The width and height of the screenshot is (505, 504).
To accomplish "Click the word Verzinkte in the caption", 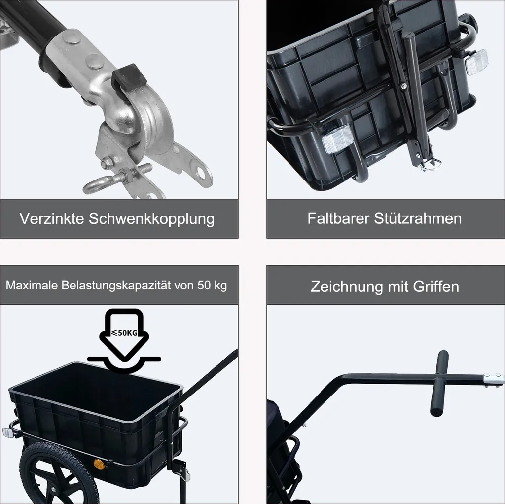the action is pyautogui.click(x=51, y=218).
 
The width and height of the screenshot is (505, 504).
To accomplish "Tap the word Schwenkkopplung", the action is pyautogui.click(x=151, y=219).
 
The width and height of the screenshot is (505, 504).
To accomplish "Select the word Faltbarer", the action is pyautogui.click(x=338, y=218).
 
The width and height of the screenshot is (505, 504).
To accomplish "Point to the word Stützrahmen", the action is pyautogui.click(x=418, y=218).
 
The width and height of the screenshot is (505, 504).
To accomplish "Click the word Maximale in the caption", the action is pyautogui.click(x=32, y=286).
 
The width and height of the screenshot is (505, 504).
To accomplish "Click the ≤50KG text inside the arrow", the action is pyautogui.click(x=124, y=333).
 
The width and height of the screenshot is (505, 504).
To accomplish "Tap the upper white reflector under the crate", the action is pyautogui.click(x=476, y=63).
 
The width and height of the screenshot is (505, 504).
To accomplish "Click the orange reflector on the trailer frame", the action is pyautogui.click(x=99, y=465).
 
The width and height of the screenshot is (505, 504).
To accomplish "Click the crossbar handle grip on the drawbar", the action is pyautogui.click(x=439, y=383).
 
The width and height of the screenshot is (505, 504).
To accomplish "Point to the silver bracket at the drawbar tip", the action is pyautogui.click(x=493, y=379).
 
